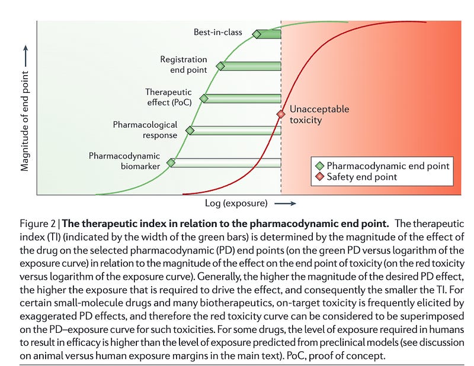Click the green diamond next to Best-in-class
point(257,34)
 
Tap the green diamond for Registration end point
point(220,66)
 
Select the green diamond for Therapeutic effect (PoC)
point(204,98)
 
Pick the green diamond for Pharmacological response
point(190,130)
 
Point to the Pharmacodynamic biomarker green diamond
point(171,163)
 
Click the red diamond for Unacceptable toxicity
point(281,114)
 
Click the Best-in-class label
point(218,33)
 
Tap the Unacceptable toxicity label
point(319,115)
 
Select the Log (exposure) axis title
point(236,203)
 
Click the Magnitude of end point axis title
point(25,121)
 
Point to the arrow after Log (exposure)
point(285,203)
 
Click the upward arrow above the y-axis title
point(25,56)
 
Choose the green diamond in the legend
point(319,166)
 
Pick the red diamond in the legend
point(319,177)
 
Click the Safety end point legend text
point(362,177)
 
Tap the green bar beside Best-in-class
point(269,34)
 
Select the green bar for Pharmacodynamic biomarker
point(226,163)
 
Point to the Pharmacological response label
point(145,130)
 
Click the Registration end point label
point(184,64)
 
